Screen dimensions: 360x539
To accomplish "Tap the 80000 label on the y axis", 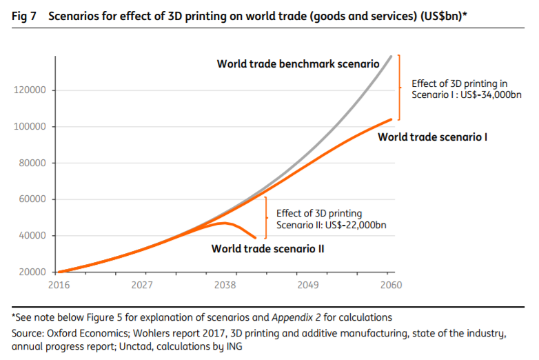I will pyautogui.click(x=30, y=163).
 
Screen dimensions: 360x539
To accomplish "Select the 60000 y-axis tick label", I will pyautogui.click(x=30, y=199).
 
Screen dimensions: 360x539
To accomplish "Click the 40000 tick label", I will pyautogui.click(x=30, y=236).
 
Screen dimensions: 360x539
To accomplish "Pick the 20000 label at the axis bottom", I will pyautogui.click(x=30, y=272).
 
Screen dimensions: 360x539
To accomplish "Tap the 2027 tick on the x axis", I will pyautogui.click(x=141, y=284).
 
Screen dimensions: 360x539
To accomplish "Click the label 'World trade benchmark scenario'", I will pyautogui.click(x=298, y=64).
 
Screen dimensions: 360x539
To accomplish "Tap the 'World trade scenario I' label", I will pyautogui.click(x=433, y=137).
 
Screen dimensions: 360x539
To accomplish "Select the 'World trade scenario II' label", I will pyautogui.click(x=268, y=248).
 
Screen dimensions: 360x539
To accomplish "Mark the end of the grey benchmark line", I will pyautogui.click(x=391, y=57).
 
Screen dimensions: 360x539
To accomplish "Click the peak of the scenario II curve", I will pyautogui.click(x=225, y=223).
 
